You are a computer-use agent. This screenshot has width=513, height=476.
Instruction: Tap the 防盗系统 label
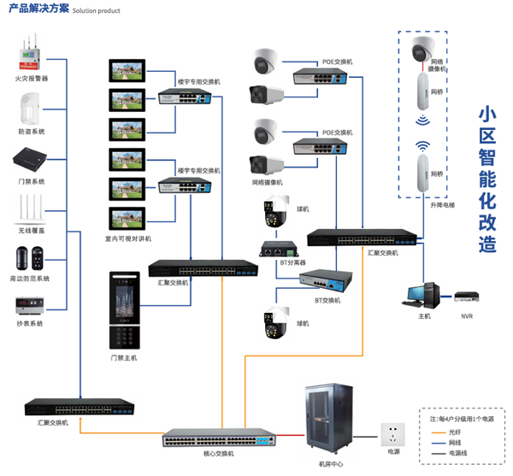click(32, 132)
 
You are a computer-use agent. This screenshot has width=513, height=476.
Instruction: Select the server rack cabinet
click(329, 418)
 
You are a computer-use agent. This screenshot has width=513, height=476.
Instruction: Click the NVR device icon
click(466, 297)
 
